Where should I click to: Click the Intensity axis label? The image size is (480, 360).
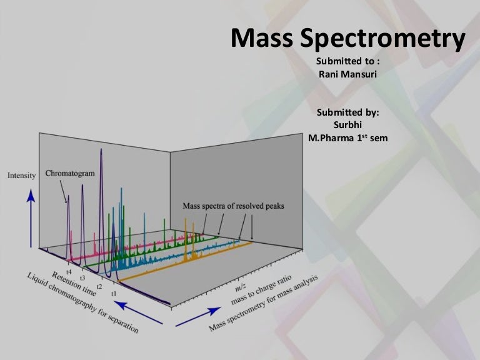point(22,176)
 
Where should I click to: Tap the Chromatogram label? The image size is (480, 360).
point(71,173)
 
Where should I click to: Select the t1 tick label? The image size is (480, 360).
point(114,292)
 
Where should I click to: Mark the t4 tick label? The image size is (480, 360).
point(69,272)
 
